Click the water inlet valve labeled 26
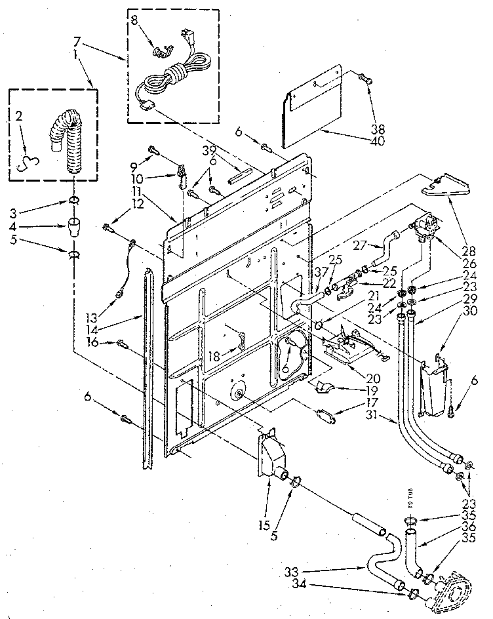pyautogui.click(x=425, y=226)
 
